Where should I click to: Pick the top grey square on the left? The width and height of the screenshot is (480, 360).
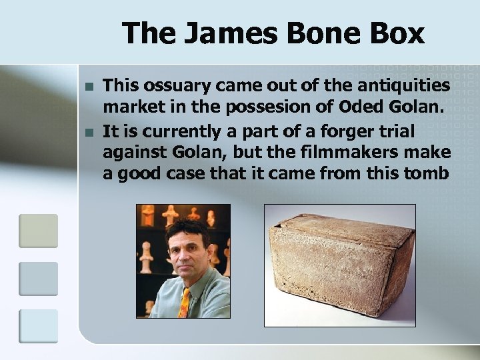coord(38,230)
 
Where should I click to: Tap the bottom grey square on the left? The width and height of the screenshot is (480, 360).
coord(38,326)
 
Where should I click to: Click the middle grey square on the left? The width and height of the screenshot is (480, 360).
coord(38,278)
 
